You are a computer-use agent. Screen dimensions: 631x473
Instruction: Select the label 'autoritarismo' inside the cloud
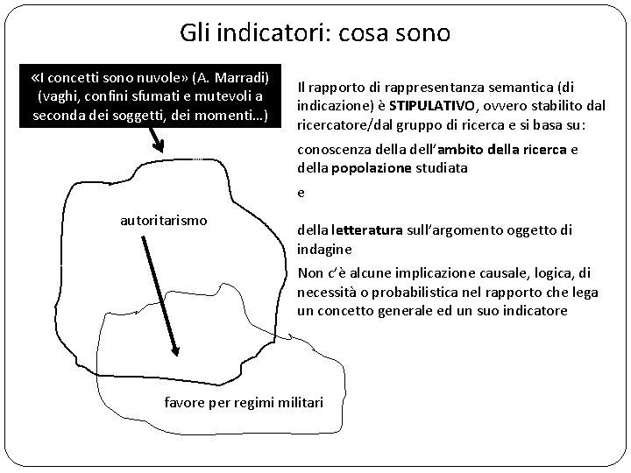164,220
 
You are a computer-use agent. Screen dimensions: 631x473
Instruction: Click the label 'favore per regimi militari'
245,403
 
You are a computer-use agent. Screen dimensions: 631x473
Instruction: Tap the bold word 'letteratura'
365,231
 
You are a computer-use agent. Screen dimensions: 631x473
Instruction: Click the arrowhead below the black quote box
158,145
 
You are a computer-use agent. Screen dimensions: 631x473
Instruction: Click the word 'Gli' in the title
194,33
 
